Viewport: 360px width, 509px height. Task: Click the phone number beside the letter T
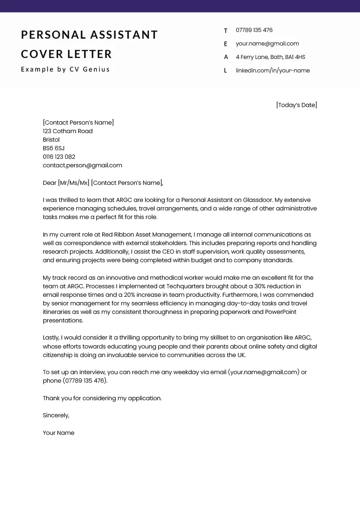click(254, 30)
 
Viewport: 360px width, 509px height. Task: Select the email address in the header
click(267, 44)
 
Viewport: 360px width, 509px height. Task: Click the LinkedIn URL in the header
click(273, 71)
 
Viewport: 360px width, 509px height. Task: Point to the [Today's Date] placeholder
click(297, 105)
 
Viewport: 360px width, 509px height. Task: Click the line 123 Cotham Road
click(67, 131)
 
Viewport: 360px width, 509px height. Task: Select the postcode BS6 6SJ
click(54, 148)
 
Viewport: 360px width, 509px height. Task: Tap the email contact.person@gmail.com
click(82, 165)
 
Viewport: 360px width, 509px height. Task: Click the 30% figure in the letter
click(263, 286)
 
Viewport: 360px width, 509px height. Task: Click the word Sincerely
click(56, 415)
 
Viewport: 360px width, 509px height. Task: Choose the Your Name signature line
click(58, 433)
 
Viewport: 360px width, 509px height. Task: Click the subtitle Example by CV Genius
click(65, 69)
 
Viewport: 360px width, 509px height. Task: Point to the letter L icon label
click(225, 71)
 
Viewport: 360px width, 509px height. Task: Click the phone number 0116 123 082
click(59, 157)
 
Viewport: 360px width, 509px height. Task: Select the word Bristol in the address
click(51, 140)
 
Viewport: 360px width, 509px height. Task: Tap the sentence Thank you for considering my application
click(102, 398)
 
